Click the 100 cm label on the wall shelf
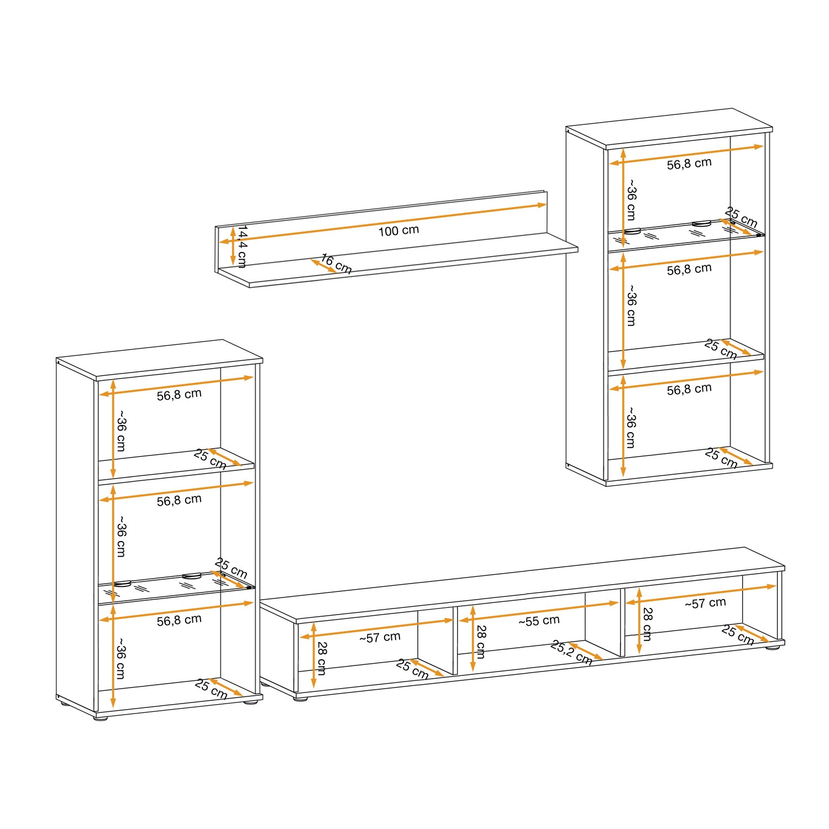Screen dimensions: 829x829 point(398,230)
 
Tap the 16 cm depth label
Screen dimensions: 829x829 point(336,264)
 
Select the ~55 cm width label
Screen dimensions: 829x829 point(539,621)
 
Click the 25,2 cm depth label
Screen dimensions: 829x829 point(571,653)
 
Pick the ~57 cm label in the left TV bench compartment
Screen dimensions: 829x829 point(380,637)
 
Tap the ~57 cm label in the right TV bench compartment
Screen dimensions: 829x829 point(705,603)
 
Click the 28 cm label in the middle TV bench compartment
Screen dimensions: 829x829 point(481,642)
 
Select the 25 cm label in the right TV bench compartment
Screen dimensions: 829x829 point(738,635)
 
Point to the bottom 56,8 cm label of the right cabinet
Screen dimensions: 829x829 point(689,390)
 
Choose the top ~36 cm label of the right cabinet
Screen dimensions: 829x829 point(631,200)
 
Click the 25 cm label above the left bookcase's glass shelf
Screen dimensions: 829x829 point(231,569)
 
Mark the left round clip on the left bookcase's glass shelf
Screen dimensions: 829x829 point(123,583)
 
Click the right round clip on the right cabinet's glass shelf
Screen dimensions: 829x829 point(701,223)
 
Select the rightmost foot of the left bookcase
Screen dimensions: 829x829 point(252,703)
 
